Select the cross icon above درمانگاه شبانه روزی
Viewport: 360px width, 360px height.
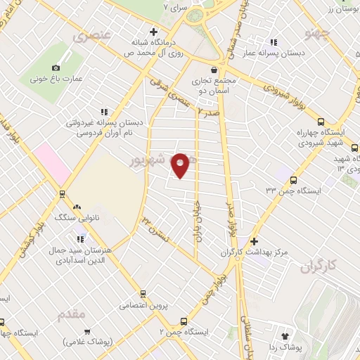[153, 31]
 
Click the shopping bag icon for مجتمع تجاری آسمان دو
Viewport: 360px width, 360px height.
[213, 69]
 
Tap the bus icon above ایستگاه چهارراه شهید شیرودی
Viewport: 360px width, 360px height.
[321, 121]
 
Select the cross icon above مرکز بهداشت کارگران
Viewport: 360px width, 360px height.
[254, 241]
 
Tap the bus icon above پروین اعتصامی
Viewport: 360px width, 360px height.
[143, 294]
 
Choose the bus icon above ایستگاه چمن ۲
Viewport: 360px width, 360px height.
[184, 320]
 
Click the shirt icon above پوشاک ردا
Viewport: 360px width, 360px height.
[285, 336]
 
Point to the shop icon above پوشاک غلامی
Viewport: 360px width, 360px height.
[87, 330]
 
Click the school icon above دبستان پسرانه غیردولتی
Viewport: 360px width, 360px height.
[105, 111]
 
